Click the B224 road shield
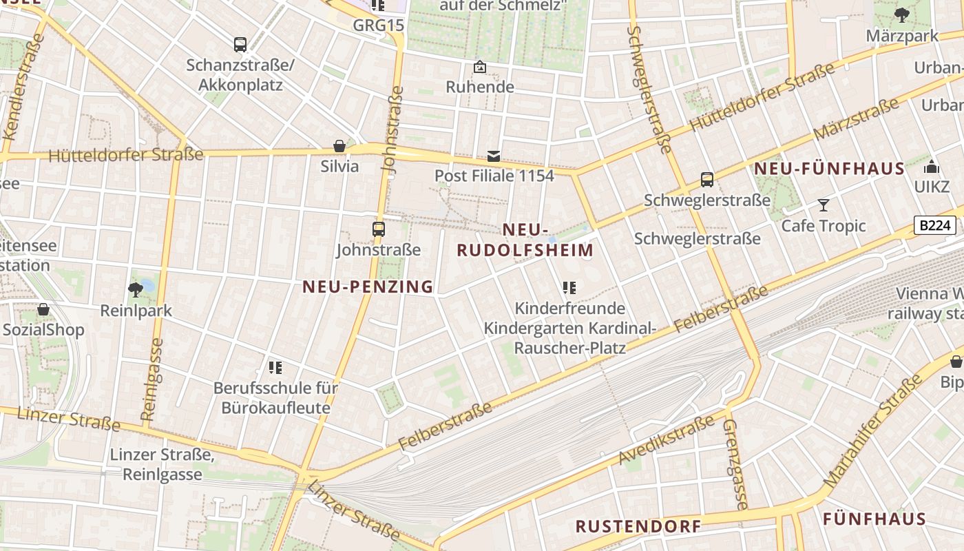tap(935, 225)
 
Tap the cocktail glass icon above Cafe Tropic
tap(823, 205)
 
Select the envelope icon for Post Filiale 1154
tap(494, 156)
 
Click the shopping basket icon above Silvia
tap(339, 146)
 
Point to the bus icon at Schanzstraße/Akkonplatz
tap(240, 45)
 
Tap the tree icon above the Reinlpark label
tap(136, 289)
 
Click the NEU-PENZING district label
tap(368, 287)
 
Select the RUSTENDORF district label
tap(638, 527)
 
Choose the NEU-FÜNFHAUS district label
tap(829, 169)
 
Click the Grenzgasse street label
tap(734, 464)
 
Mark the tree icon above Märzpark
tap(901, 15)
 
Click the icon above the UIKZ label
tap(932, 167)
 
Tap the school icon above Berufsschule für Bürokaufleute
tap(275, 367)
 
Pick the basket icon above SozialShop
tap(43, 309)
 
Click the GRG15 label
tap(378, 25)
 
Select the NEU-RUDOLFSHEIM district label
tap(525, 240)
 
